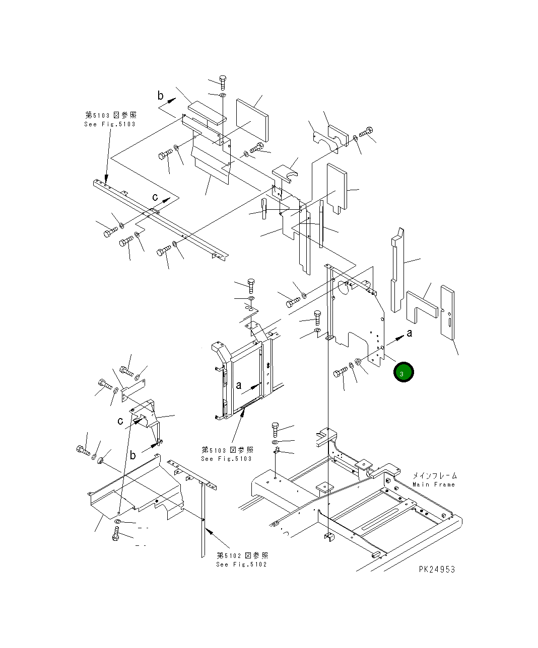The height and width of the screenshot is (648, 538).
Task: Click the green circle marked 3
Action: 403,372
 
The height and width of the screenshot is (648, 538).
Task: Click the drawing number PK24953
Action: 436,569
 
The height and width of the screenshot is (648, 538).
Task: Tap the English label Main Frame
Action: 433,484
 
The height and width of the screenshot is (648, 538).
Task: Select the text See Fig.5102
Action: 241,564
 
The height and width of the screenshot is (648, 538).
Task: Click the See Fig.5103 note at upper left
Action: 110,124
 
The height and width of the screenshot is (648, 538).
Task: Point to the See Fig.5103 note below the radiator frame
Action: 227,458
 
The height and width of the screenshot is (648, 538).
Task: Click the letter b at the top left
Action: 161,95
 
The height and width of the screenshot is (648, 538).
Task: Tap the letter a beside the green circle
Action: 410,333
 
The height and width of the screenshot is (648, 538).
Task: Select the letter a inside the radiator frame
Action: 239,385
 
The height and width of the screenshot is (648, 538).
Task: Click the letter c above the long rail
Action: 155,197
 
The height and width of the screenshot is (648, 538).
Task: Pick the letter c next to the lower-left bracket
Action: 120,421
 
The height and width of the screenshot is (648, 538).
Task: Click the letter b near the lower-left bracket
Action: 132,455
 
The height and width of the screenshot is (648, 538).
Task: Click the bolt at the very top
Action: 223,82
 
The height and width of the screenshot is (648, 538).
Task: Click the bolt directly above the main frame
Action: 275,429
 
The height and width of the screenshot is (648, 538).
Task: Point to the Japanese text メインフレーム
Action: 434,475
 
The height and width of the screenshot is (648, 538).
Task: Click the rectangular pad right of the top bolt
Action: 252,120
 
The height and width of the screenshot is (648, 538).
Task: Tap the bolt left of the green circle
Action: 340,373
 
